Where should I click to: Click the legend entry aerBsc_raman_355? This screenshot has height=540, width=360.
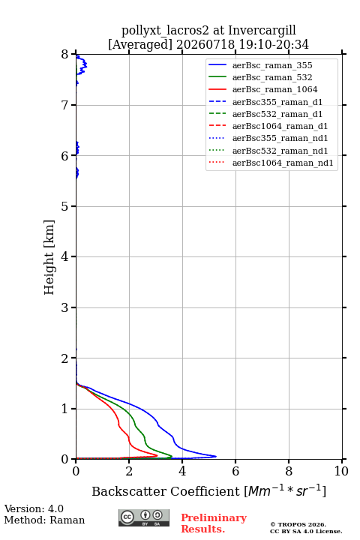272,65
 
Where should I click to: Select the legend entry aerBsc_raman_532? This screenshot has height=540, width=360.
272,77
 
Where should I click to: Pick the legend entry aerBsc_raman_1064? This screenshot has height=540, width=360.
275,89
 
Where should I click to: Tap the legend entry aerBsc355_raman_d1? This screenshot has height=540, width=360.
277,102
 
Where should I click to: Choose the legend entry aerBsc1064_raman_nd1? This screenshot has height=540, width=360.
283,163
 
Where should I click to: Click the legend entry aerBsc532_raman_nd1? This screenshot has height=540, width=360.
280,151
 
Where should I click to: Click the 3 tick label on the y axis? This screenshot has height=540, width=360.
65,307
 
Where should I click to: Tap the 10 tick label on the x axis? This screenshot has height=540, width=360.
341,471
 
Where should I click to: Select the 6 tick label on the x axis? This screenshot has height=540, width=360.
235,471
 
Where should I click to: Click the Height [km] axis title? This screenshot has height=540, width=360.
49,257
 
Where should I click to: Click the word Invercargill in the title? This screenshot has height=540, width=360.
262,31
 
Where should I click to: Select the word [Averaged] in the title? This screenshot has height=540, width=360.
139,44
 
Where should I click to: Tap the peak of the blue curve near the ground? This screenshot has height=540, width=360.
216,456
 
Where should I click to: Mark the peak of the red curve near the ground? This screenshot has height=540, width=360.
157,455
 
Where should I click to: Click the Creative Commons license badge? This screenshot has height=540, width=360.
144,518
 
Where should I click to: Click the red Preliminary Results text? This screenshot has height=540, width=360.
214,523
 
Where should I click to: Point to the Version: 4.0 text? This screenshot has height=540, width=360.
34,508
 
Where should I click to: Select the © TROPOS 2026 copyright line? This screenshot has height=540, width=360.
298,524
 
